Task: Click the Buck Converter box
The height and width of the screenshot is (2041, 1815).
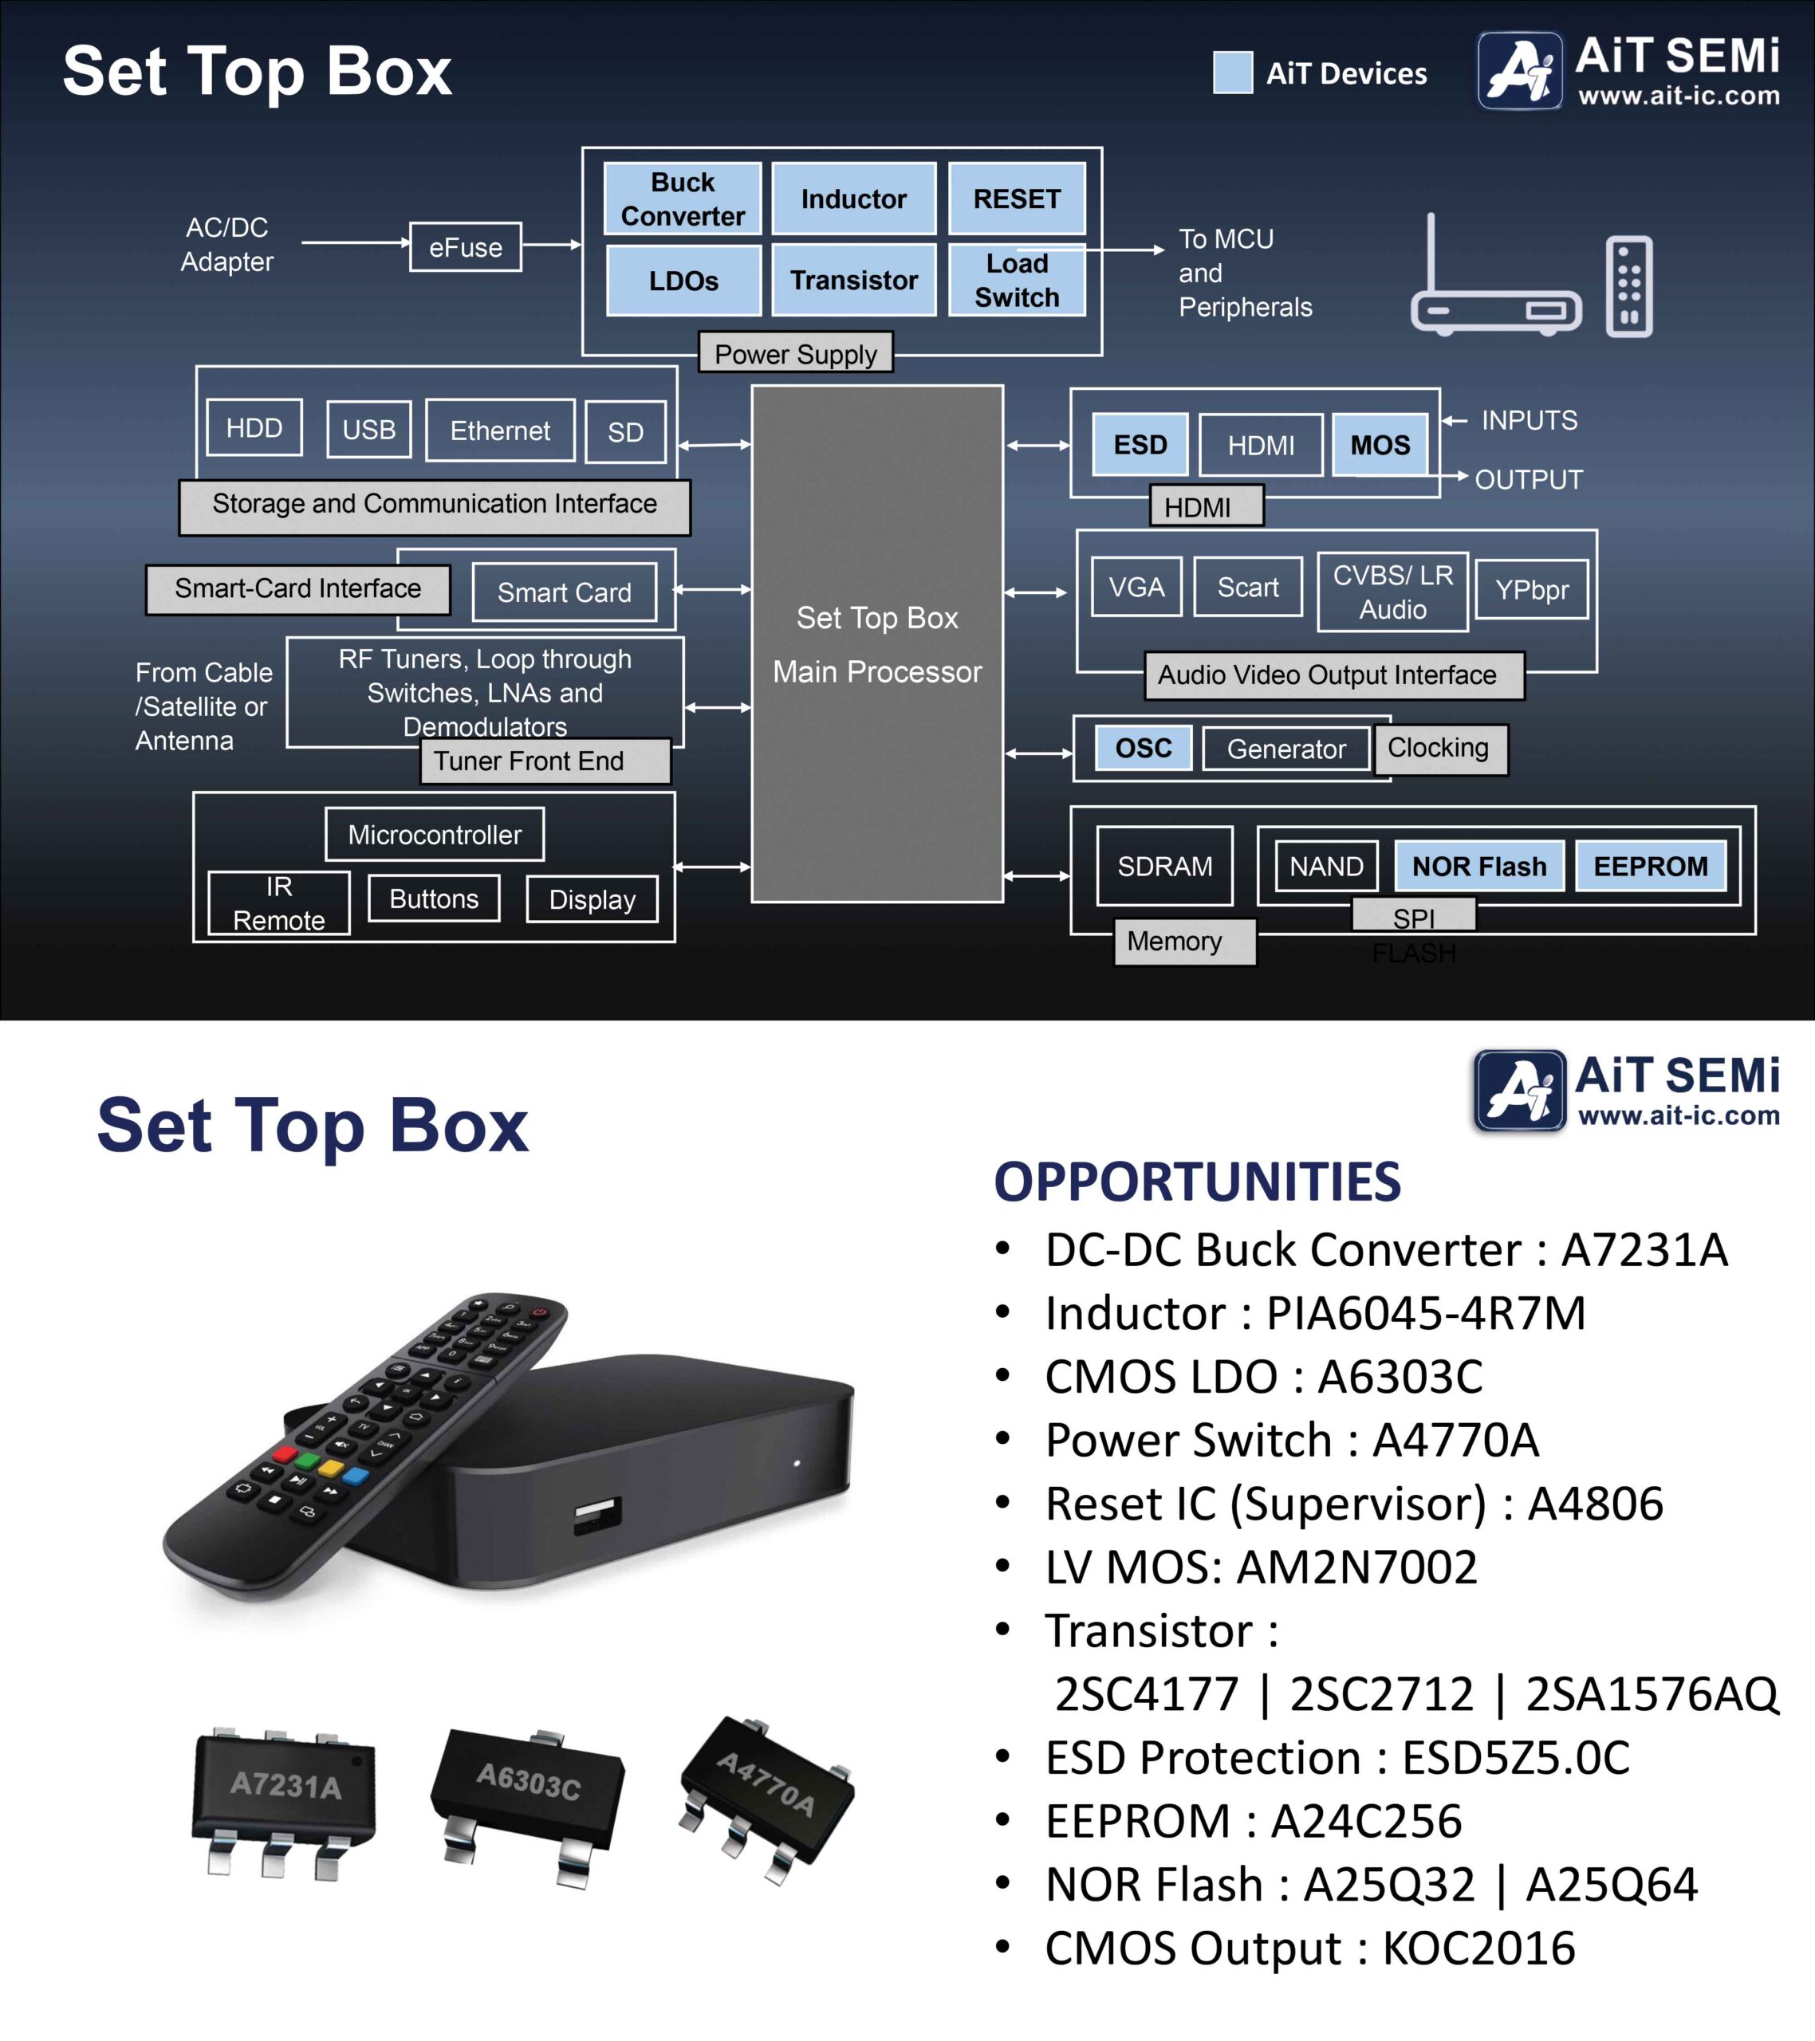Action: tap(683, 199)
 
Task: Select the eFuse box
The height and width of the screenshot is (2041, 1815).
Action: tap(466, 246)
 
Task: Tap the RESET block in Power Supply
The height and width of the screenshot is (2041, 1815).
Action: tap(1016, 199)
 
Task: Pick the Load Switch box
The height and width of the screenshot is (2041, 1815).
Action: tap(1016, 281)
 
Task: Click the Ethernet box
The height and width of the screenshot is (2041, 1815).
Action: tap(499, 431)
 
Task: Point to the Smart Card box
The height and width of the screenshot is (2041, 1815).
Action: tap(565, 592)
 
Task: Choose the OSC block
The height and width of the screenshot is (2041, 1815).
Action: tap(1143, 748)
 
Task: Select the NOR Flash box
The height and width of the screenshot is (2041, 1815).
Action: tap(1478, 866)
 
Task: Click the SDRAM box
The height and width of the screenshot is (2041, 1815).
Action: tap(1165, 866)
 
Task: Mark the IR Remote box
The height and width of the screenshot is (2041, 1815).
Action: tap(278, 903)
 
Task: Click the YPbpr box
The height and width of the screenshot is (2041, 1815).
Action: tap(1531, 590)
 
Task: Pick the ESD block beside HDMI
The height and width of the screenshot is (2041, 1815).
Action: tap(1140, 444)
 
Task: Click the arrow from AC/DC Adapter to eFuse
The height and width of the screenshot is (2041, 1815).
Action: tap(355, 242)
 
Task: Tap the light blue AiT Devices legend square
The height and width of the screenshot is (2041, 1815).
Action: tap(1233, 73)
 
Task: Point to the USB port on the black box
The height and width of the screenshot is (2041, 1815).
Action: tap(597, 1515)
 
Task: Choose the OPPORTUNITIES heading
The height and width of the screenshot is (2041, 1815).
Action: tap(1197, 1182)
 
